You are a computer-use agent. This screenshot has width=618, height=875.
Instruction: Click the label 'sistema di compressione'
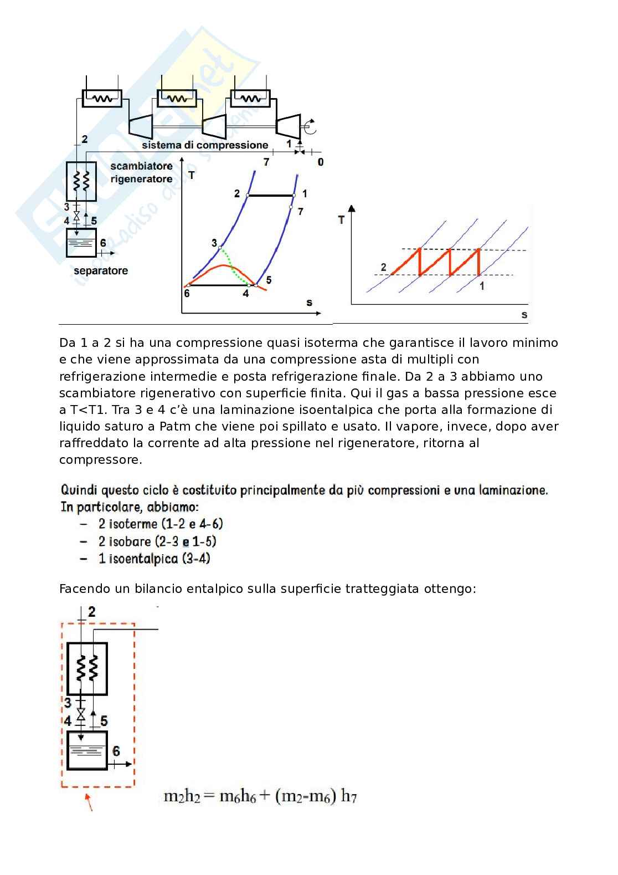pyautogui.click(x=204, y=145)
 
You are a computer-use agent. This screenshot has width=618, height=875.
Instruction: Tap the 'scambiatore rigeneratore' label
pyautogui.click(x=141, y=172)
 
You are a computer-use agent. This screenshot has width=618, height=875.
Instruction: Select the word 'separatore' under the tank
pyautogui.click(x=101, y=271)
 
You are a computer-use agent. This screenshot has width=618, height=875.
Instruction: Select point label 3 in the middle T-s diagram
pyautogui.click(x=214, y=243)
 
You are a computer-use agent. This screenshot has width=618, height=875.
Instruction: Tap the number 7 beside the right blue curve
pyautogui.click(x=300, y=211)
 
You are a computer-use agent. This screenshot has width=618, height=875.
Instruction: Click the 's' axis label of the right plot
pyautogui.click(x=524, y=315)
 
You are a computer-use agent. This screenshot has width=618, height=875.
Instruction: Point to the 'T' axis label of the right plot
pyautogui.click(x=341, y=220)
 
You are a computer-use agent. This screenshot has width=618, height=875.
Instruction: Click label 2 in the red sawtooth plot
pyautogui.click(x=383, y=267)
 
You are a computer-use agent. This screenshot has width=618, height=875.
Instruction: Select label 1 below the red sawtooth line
pyautogui.click(x=481, y=286)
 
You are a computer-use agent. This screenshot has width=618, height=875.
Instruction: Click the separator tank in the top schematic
pyautogui.click(x=81, y=243)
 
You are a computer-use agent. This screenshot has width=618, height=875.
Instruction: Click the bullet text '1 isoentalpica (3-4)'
pyautogui.click(x=154, y=559)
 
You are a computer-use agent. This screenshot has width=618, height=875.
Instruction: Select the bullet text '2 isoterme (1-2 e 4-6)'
pyautogui.click(x=161, y=524)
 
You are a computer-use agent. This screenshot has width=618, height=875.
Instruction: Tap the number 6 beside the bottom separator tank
pyautogui.click(x=116, y=751)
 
